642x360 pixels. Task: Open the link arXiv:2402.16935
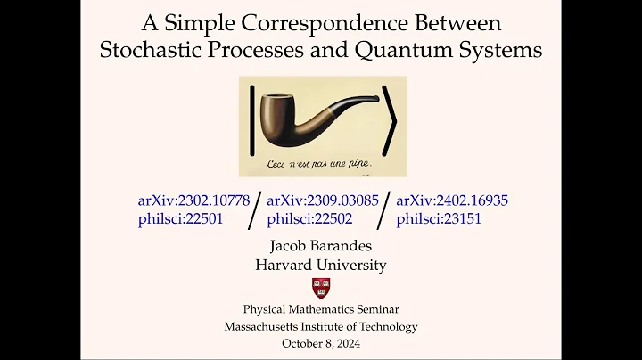452,200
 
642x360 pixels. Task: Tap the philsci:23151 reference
439,218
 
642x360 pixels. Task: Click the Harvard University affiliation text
320,265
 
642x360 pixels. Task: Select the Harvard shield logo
320,288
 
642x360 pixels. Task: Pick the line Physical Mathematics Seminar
320,309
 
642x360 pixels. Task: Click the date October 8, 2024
320,343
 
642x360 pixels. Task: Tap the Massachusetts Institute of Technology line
320,326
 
